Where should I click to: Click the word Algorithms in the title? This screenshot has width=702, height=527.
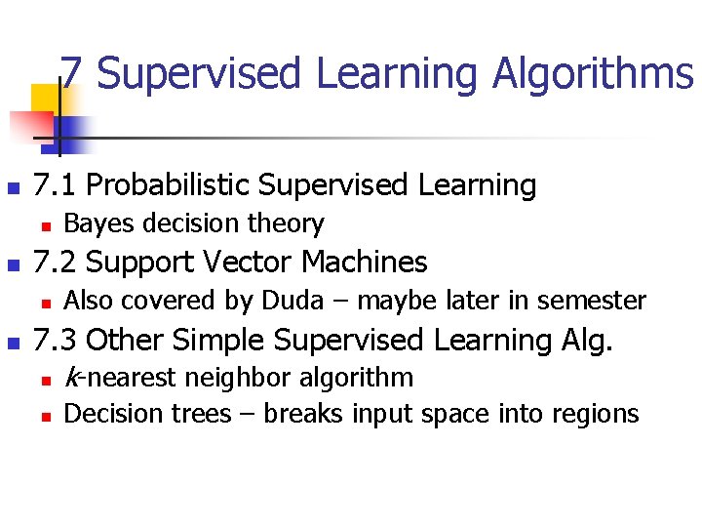[593, 74]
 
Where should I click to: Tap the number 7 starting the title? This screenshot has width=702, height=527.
[70, 74]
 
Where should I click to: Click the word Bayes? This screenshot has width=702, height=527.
[93, 223]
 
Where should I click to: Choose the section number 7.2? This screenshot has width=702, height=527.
[56, 263]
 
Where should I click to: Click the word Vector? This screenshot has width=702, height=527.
[249, 263]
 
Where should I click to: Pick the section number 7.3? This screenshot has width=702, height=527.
[56, 341]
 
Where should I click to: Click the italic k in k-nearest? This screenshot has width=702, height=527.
[69, 377]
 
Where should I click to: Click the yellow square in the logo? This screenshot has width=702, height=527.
[45, 100]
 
